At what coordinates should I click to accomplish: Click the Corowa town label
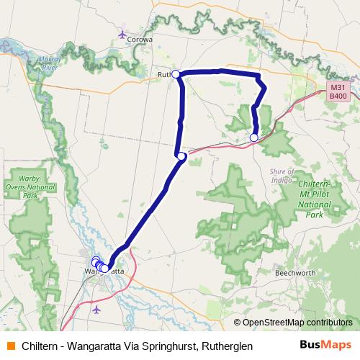(x=140, y=40)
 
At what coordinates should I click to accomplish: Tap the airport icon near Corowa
(x=122, y=34)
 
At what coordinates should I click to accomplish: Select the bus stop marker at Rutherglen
(x=176, y=73)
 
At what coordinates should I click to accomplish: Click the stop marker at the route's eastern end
(x=253, y=138)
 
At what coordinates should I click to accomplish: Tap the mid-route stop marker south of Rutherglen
(x=181, y=156)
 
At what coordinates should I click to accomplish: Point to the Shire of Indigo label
(x=281, y=175)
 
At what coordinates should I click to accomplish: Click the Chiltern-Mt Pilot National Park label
(x=314, y=198)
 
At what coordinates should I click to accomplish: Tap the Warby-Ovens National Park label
(x=30, y=186)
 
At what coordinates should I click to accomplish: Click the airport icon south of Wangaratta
(x=97, y=310)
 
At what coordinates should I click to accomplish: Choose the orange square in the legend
(x=10, y=346)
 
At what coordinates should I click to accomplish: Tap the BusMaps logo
(x=325, y=346)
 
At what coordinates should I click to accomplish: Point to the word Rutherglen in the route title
(x=227, y=346)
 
